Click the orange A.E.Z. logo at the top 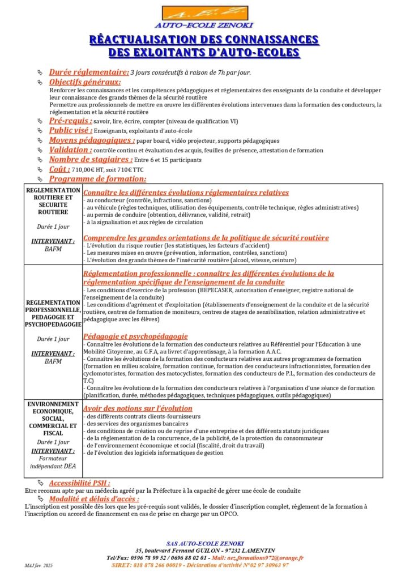[204, 13]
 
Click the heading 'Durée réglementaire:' [89, 72]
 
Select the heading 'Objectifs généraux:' [85, 82]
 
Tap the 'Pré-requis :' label [71, 121]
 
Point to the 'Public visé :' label [70, 131]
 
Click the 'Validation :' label [70, 150]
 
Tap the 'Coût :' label [59, 169]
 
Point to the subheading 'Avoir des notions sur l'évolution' [138, 408]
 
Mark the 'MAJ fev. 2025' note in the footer [39, 565]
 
